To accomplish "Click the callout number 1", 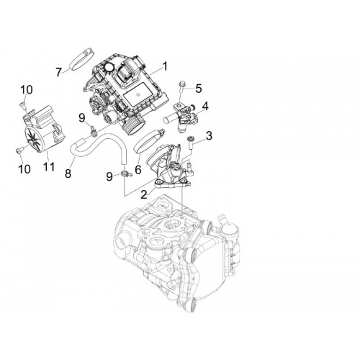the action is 164,66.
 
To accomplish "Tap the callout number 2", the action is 143,194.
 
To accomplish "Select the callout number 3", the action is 209,136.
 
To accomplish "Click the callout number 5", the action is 199,89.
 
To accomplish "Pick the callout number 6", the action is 138,170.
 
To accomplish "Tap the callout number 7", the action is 58,72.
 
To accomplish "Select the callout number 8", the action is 68,174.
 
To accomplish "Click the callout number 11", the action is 49,166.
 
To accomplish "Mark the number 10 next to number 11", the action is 24,169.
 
